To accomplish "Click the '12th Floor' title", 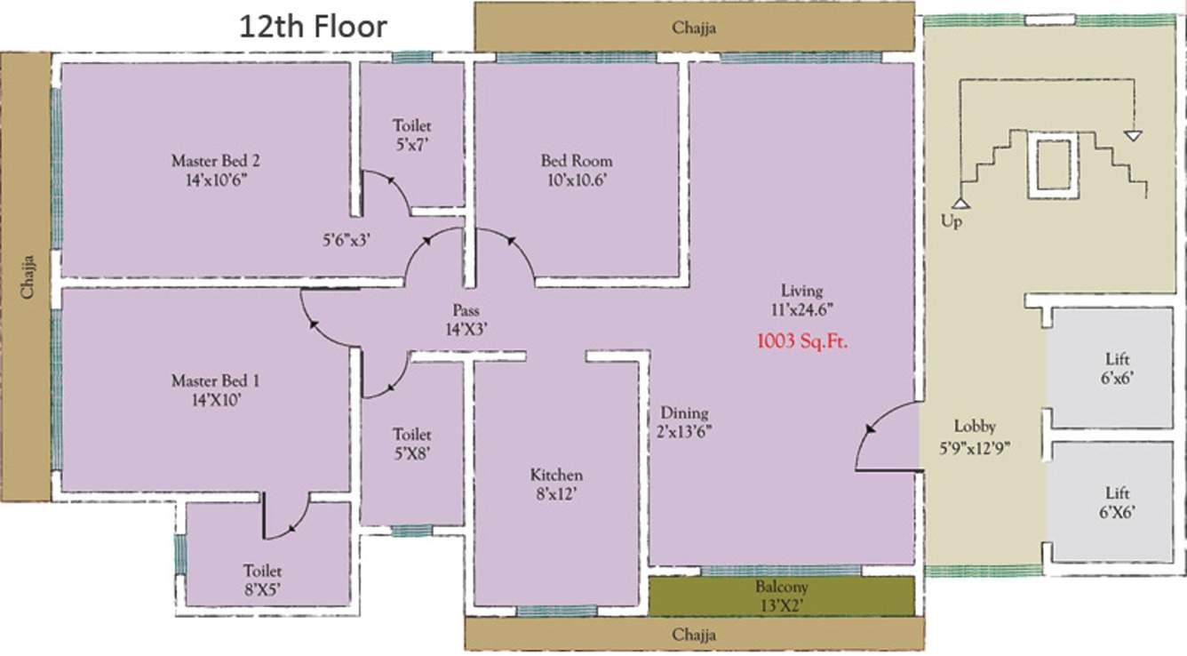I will [313, 27].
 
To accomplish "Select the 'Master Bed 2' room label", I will [215, 162].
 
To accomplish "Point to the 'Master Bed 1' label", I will [215, 381].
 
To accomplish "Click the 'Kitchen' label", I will [556, 475].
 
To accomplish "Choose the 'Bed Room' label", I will [577, 162].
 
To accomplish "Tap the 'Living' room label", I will [801, 291].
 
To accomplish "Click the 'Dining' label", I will [684, 413].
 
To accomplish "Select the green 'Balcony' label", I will [782, 588].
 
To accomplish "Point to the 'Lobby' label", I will [975, 426].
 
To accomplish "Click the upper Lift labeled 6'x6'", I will [1118, 360].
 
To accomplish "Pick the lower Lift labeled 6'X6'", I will [1118, 493].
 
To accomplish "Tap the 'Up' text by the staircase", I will [951, 221].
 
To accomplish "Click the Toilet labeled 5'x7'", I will [412, 127].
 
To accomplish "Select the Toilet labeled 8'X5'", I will [263, 572].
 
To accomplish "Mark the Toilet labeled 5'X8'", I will [412, 435].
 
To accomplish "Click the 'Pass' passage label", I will [466, 311].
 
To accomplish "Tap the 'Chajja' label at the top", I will [694, 28].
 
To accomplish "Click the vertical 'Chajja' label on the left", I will [29, 276].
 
